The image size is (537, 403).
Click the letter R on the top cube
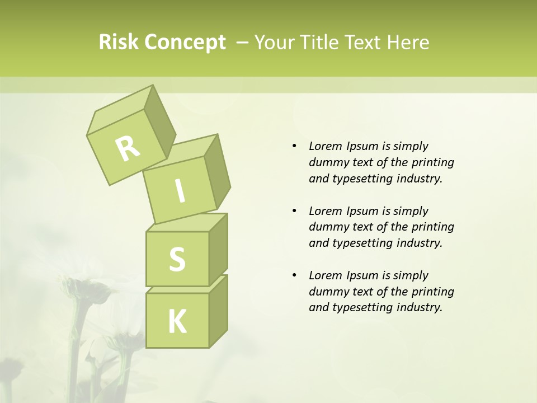tap(128, 148)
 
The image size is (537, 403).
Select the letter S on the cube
tap(177, 259)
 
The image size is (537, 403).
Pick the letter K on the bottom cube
tap(177, 322)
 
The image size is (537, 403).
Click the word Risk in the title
tap(118, 43)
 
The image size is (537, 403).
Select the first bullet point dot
tap(294, 147)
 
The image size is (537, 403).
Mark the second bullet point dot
tap(294, 211)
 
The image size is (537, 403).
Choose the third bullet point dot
tap(294, 275)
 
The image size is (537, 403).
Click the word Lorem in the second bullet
tap(325, 211)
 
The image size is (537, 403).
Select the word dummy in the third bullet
tap(327, 292)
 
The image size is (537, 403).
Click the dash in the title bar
tap(243, 43)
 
